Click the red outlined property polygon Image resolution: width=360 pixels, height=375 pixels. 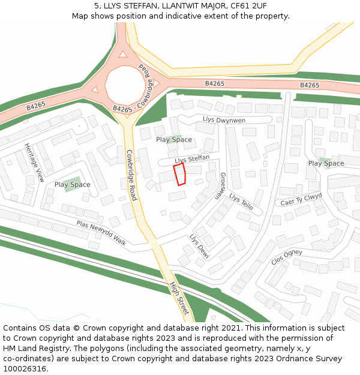179,175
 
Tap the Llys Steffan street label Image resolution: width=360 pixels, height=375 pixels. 191,160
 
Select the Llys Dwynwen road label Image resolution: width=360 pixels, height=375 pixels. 224,120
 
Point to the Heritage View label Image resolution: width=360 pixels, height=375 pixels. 34,162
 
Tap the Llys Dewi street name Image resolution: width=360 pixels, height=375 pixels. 199,247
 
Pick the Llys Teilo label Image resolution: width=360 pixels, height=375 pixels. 241,202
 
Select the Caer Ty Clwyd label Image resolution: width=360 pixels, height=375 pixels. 301,200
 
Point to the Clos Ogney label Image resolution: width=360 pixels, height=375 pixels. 287,257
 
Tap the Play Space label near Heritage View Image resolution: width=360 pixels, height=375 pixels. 72,185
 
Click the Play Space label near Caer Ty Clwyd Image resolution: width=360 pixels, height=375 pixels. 326,163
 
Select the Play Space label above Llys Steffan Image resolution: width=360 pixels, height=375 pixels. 174,140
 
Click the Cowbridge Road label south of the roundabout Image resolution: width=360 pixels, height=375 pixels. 132,175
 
